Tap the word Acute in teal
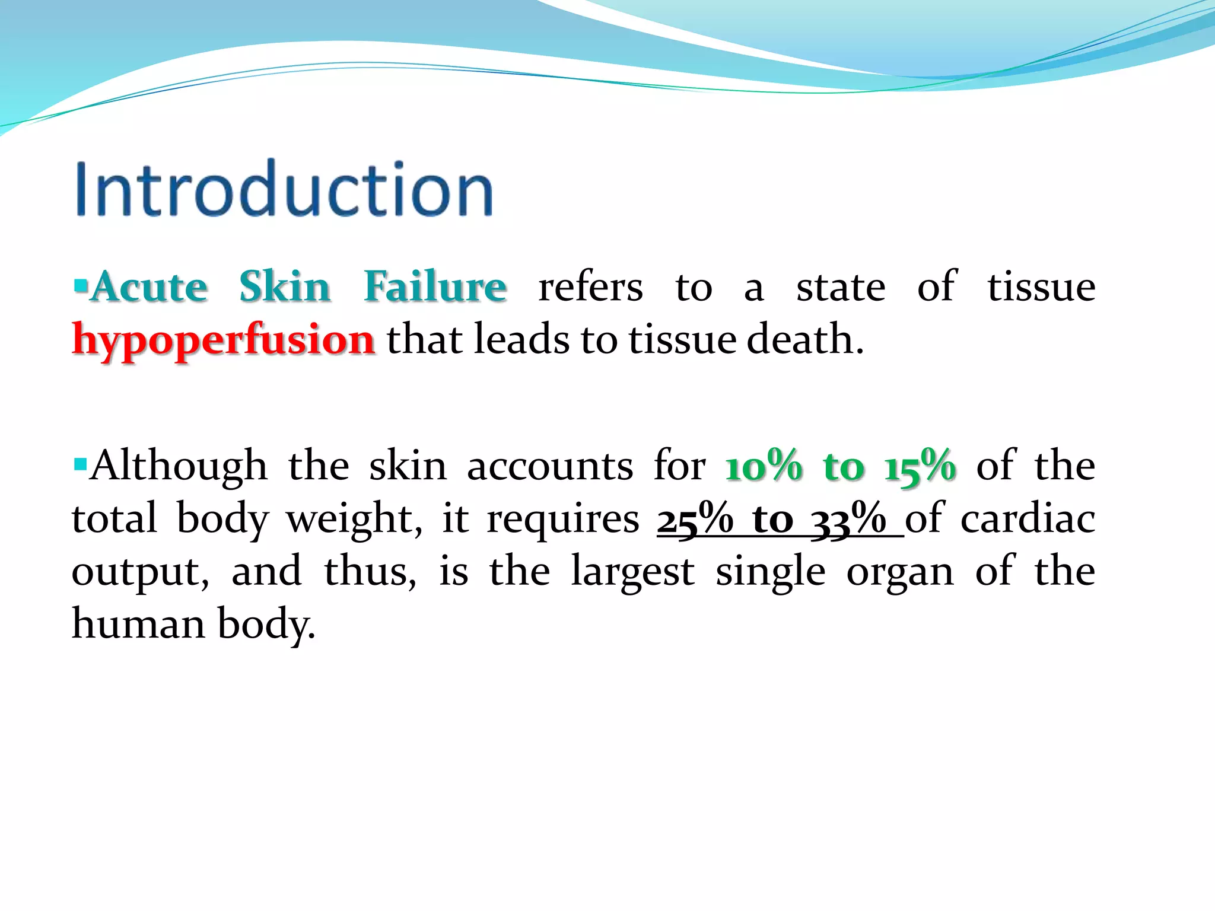pos(150,288)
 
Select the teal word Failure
pos(435,288)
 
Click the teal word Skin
pos(285,288)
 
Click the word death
pos(804,340)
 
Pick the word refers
pos(590,288)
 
